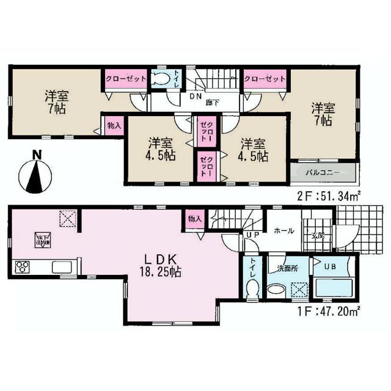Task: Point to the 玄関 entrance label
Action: tap(319, 235)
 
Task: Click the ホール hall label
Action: tap(283, 231)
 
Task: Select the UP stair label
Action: tap(252, 235)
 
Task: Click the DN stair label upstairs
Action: tap(195, 97)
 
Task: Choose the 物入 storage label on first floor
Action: tap(194, 219)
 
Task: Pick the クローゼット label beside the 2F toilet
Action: tap(125, 78)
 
